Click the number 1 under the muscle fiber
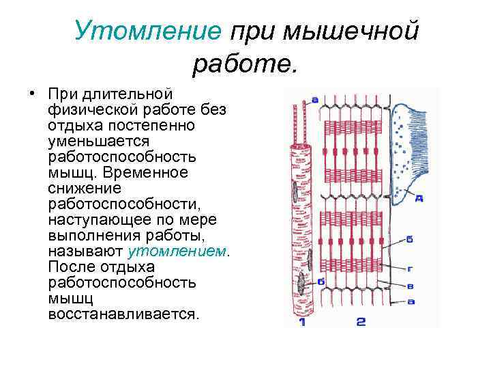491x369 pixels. [x=301, y=321]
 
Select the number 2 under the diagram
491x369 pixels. [x=361, y=321]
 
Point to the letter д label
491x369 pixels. [x=419, y=199]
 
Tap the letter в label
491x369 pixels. [x=410, y=286]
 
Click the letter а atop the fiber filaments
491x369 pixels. [x=315, y=100]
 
